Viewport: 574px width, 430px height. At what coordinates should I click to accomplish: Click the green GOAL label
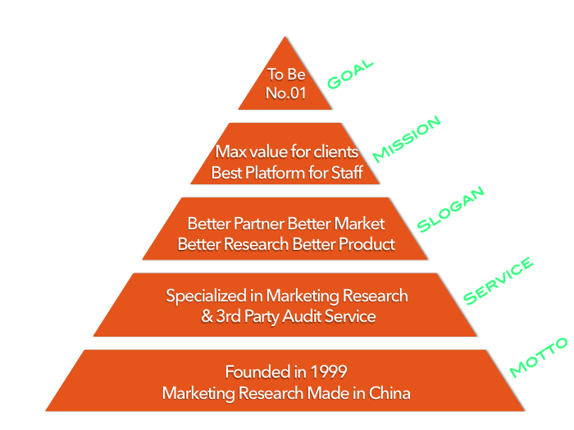[350, 75]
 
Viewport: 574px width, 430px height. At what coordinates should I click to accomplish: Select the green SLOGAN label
[451, 209]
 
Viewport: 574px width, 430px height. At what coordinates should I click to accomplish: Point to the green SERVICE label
[499, 281]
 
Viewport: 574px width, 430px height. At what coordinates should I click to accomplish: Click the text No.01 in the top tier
[286, 93]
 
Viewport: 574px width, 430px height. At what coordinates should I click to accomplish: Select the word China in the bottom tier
[389, 393]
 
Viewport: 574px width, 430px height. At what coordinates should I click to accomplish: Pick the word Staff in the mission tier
[345, 173]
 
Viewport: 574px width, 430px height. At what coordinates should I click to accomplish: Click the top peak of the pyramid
[285, 38]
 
